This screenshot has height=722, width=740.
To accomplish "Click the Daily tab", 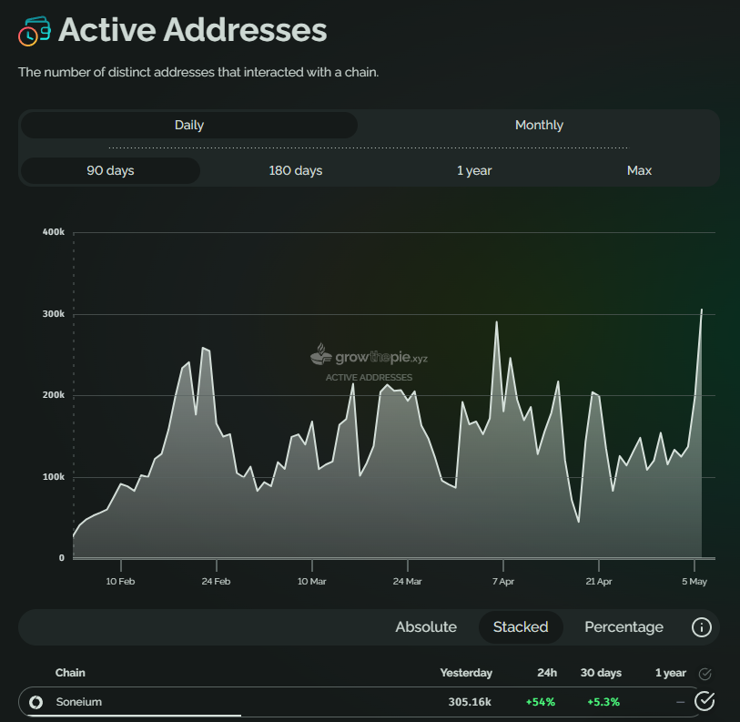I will [189, 125].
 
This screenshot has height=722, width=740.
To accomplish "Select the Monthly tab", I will [539, 125].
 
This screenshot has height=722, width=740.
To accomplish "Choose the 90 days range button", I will [110, 170].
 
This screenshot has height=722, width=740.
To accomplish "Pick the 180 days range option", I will [295, 170].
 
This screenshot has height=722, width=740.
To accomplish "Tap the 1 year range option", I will [473, 170].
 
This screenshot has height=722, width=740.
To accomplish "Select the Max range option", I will [639, 170].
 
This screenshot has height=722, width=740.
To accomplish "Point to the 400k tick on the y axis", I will [53, 232].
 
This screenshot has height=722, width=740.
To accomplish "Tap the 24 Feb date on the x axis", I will [216, 581].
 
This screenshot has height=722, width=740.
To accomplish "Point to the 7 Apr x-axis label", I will [502, 581].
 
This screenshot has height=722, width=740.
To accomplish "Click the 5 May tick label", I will [694, 581].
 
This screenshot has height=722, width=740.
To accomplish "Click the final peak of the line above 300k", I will [702, 310].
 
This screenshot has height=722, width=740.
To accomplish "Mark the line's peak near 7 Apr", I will [497, 321].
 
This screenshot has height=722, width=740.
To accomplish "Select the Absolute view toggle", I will [426, 626].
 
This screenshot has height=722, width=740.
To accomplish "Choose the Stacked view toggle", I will [521, 626].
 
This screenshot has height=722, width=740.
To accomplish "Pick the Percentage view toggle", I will [623, 626].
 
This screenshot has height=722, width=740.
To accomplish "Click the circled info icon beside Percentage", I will [701, 626].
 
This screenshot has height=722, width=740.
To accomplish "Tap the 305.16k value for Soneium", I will [470, 702].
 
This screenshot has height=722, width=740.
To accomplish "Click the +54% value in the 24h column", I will [541, 702].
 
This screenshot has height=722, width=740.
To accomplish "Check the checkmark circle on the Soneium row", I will [705, 701].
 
